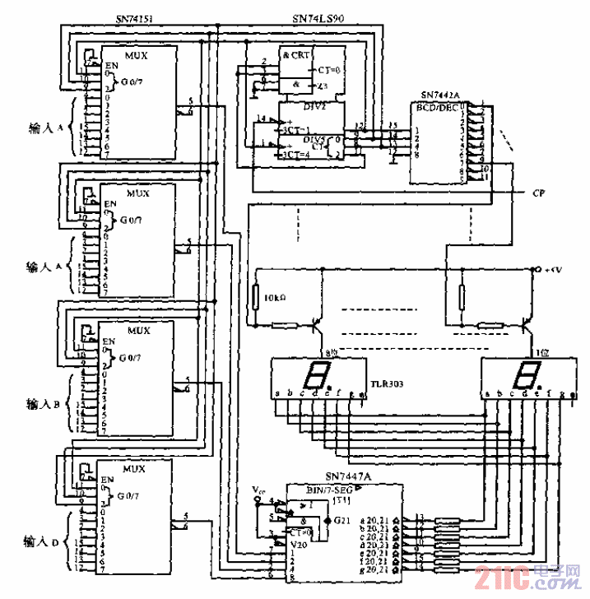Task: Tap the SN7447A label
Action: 348,476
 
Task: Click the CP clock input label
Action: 539,194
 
